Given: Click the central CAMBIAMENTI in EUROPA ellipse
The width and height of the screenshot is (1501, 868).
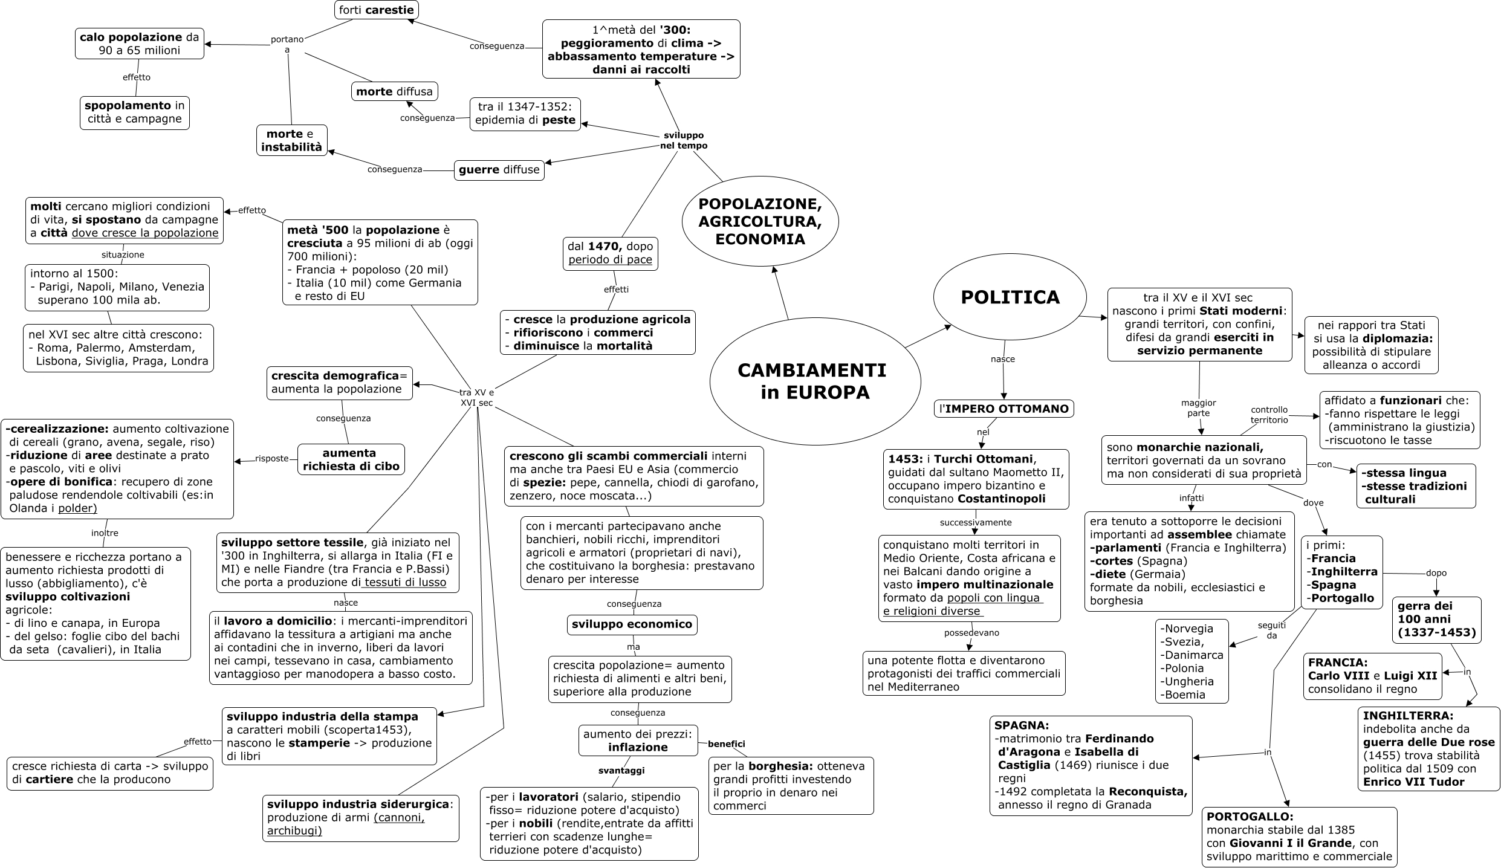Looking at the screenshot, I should tap(814, 381).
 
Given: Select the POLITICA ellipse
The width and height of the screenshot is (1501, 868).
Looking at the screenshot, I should tap(1010, 297).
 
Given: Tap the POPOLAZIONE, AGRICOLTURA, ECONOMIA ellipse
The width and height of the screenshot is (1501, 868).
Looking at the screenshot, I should tap(760, 221).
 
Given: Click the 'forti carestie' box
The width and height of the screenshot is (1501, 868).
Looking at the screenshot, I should tap(376, 10).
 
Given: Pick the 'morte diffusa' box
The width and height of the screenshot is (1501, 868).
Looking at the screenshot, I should tap(394, 91).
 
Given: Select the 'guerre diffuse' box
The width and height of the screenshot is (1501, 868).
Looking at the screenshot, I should tap(499, 170).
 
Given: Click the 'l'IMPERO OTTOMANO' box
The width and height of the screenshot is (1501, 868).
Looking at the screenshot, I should tap(1003, 409).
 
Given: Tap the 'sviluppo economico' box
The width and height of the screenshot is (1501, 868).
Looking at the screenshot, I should tap(632, 624).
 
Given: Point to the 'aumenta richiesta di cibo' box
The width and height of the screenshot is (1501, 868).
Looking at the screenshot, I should tap(351, 459).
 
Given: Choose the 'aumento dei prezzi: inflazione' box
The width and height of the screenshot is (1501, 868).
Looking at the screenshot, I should tap(638, 740).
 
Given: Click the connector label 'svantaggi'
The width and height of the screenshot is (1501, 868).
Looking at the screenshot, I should tap(621, 771).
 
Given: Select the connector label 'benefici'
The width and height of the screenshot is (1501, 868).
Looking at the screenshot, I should tap(726, 744).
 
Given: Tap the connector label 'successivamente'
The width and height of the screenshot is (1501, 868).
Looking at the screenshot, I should tap(975, 522).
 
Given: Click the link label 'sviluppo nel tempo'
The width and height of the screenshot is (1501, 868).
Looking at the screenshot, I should tap(683, 140).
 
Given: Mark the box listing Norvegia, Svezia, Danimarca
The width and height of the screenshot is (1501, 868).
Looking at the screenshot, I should tap(1191, 661).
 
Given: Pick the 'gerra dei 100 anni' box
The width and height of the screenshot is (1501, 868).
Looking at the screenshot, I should tap(1436, 620).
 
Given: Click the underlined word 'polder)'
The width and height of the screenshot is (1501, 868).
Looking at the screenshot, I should tap(77, 508).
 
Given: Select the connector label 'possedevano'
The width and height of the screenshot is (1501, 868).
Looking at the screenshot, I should tap(971, 633).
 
